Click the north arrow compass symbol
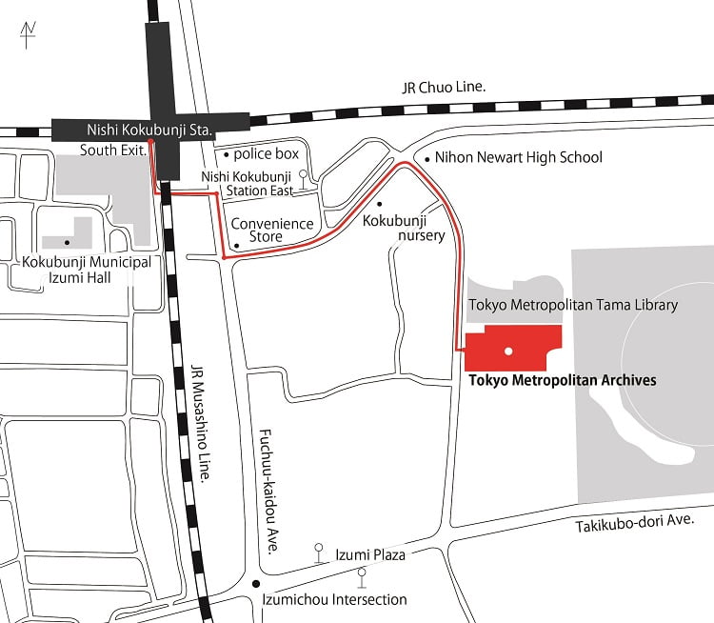(x=28, y=35)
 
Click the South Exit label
(x=112, y=150)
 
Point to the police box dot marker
(x=225, y=153)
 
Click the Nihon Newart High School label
(x=518, y=157)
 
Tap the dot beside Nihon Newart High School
(x=427, y=158)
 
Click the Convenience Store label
(x=273, y=230)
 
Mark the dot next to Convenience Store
(x=235, y=245)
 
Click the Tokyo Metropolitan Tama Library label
(x=573, y=305)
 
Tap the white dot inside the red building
(x=508, y=352)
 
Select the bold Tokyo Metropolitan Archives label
(x=563, y=379)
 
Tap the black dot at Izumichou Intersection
(x=254, y=583)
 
